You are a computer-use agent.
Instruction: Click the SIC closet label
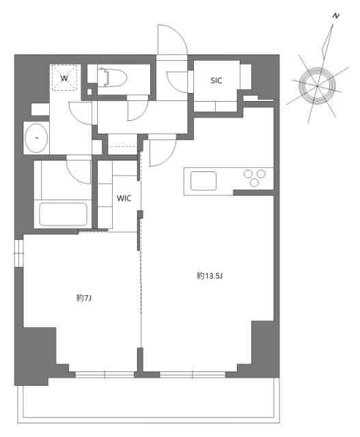pyautogui.click(x=216, y=80)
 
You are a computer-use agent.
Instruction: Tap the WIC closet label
pyautogui.click(x=124, y=199)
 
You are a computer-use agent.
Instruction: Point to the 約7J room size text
pyautogui.click(x=84, y=298)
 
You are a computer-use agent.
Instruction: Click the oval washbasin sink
pyautogui.click(x=36, y=139)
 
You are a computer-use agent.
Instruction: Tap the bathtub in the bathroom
pyautogui.click(x=64, y=214)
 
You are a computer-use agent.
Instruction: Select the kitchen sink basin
pyautogui.click(x=204, y=180)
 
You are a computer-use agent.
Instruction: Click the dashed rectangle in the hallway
pyautogui.click(x=123, y=141)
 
